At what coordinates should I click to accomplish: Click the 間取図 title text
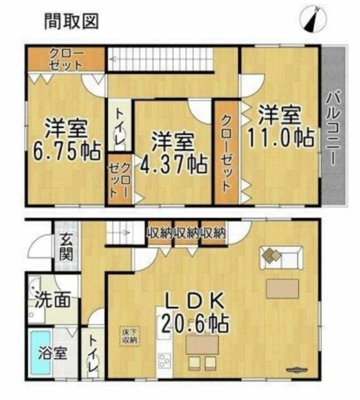(71, 21)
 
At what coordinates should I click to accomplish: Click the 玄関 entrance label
(66, 247)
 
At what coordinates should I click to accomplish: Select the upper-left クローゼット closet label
(65, 59)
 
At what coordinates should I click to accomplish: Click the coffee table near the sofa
(286, 288)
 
